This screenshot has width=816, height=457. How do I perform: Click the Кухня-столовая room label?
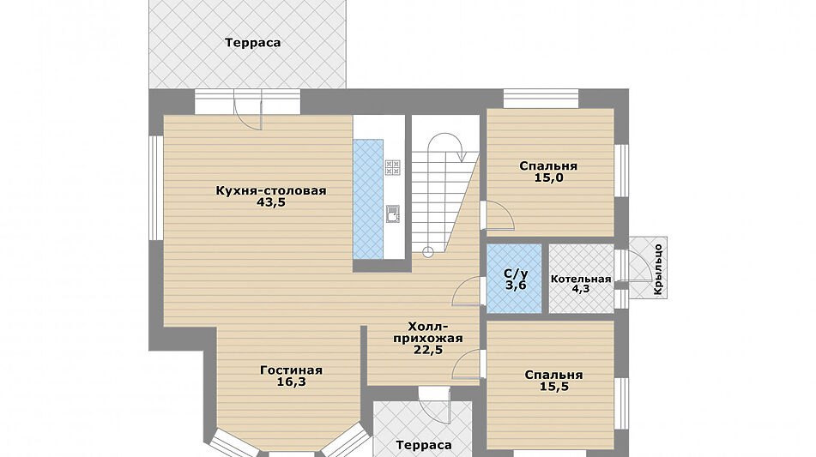271,190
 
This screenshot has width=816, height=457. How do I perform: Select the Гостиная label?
291,370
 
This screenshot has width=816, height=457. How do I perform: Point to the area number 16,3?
291,382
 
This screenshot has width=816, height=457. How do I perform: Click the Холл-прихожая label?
427,332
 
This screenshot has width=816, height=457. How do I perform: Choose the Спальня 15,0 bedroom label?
548,166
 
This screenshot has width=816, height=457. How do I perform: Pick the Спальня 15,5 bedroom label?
553,375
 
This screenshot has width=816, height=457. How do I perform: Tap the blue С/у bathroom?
515,280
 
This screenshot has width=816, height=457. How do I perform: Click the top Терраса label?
253,42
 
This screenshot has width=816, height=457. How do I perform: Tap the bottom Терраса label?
424,445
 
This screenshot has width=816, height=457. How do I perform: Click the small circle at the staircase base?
427,251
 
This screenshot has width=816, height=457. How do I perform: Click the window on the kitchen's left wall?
156,188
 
